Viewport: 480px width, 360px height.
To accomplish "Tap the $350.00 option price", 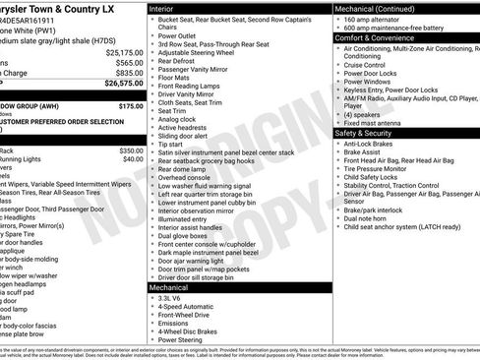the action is (132, 150).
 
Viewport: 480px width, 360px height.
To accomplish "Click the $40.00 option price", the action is (134, 158).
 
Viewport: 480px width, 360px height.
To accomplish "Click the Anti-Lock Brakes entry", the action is (375, 144).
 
